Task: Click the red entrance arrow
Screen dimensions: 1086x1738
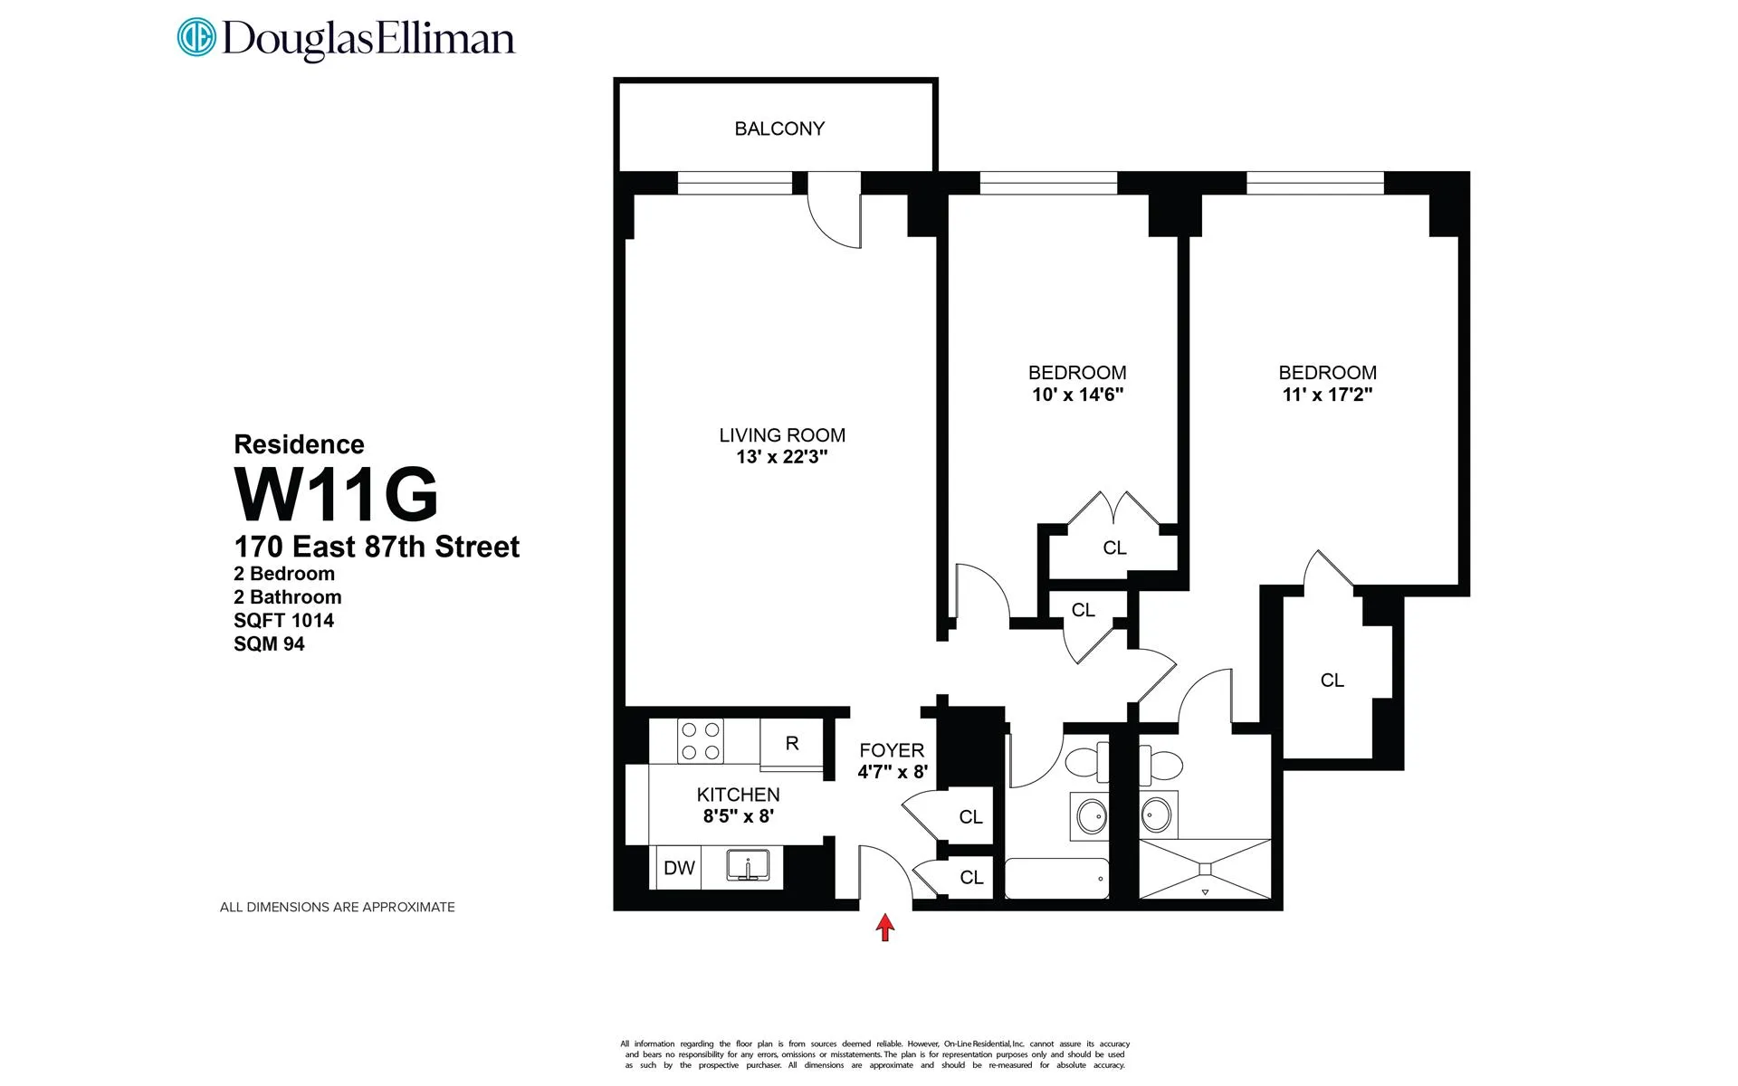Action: pyautogui.click(x=885, y=927)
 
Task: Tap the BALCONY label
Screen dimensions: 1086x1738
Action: pyautogui.click(x=779, y=129)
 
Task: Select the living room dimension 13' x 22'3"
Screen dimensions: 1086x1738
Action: pyautogui.click(x=782, y=457)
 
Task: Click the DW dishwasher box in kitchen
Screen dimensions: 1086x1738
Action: pyautogui.click(x=679, y=868)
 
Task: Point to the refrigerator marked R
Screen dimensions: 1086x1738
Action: pyautogui.click(x=792, y=743)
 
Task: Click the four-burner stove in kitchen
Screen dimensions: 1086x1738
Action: pyautogui.click(x=702, y=740)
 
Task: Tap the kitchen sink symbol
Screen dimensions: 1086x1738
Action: pyautogui.click(x=749, y=866)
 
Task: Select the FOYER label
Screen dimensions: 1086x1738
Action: pyautogui.click(x=892, y=750)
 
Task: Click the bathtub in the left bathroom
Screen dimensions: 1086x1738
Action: pyautogui.click(x=1056, y=878)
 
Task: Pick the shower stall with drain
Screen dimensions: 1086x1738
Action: pyautogui.click(x=1205, y=869)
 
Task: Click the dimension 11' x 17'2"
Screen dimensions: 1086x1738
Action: pyautogui.click(x=1327, y=395)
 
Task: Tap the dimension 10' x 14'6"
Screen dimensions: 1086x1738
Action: pyautogui.click(x=1077, y=395)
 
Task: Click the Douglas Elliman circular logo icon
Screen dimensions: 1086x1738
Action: pyautogui.click(x=196, y=37)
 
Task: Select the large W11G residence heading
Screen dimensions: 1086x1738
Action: pyautogui.click(x=336, y=494)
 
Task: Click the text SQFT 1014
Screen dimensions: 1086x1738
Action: pyautogui.click(x=283, y=621)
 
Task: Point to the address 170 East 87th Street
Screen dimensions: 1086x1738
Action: pyautogui.click(x=377, y=547)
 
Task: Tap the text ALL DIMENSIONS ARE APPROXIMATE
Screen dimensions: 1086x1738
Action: pyautogui.click(x=337, y=907)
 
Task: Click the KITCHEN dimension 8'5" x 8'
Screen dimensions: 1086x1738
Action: pyautogui.click(x=738, y=816)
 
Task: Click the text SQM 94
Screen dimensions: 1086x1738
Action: pyautogui.click(x=269, y=644)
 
